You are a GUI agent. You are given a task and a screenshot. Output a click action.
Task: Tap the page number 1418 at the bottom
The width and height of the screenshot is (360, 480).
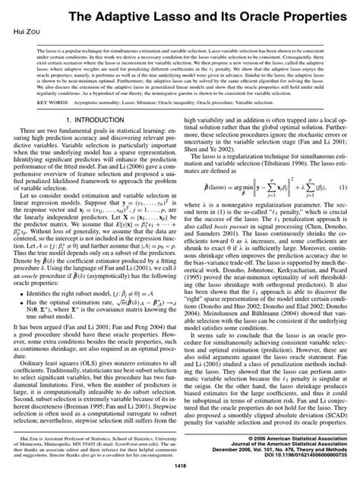click(180, 466)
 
